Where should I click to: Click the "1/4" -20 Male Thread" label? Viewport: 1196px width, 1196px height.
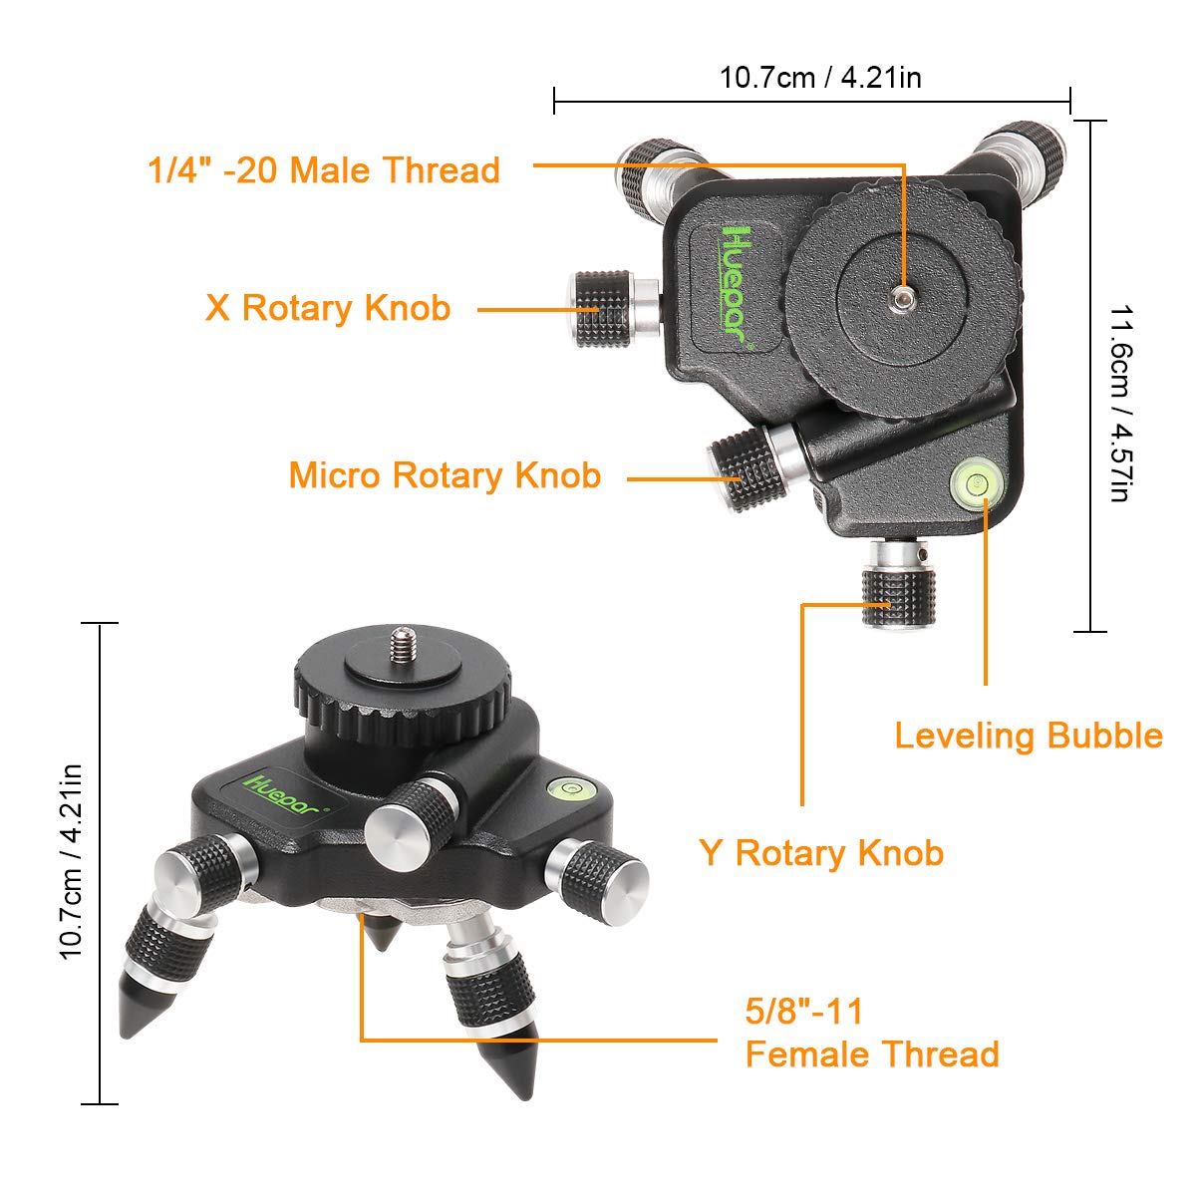(x=324, y=170)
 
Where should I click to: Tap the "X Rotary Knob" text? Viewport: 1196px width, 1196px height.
(x=328, y=308)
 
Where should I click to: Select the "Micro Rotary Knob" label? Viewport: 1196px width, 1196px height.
(x=445, y=475)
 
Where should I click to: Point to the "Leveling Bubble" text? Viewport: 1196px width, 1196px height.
(x=1028, y=736)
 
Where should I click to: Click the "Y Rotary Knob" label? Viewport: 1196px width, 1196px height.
(x=821, y=853)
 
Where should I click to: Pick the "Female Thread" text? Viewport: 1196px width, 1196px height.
(x=872, y=1054)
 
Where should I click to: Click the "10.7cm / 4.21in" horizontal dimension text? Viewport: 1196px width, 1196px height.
(x=820, y=77)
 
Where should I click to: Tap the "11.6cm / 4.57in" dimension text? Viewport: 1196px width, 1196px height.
(x=1120, y=403)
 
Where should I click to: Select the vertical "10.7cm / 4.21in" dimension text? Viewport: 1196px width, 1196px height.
(x=71, y=862)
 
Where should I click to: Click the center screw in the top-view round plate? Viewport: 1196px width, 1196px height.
(x=902, y=298)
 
